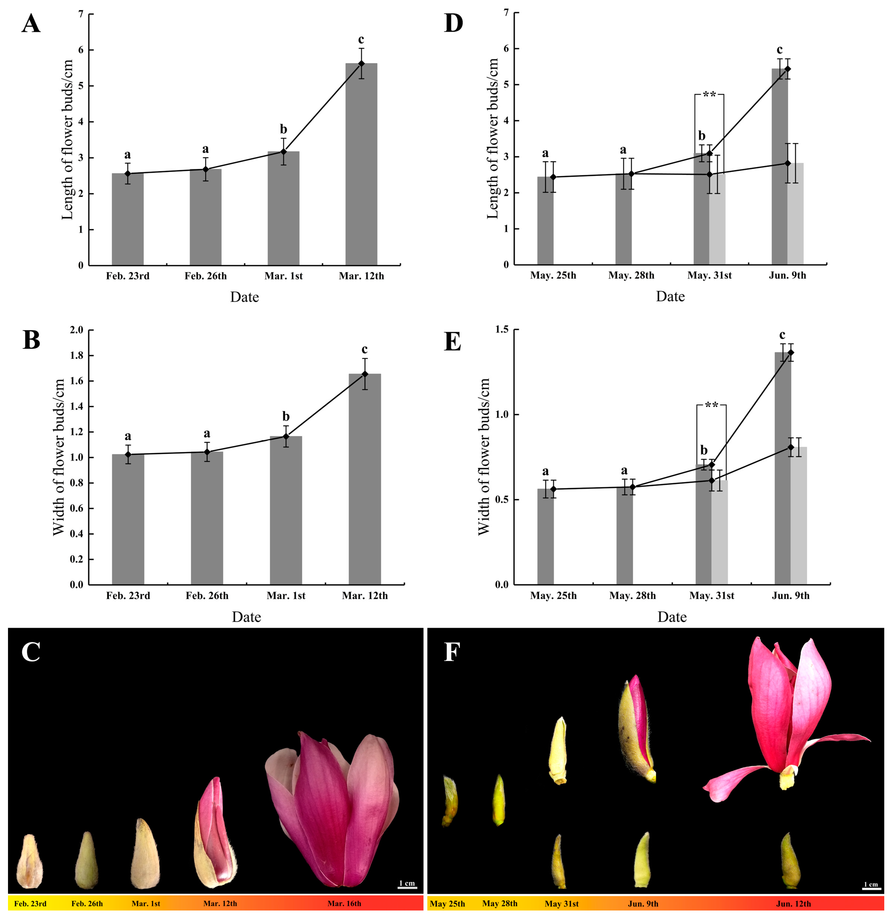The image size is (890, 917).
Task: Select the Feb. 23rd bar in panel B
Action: (128, 519)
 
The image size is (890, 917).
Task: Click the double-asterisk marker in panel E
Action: (711, 405)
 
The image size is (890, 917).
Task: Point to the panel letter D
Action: (453, 23)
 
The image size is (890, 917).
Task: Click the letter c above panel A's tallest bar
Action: (361, 39)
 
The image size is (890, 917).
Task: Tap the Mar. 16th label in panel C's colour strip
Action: (344, 903)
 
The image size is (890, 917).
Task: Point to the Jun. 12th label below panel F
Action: (793, 903)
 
